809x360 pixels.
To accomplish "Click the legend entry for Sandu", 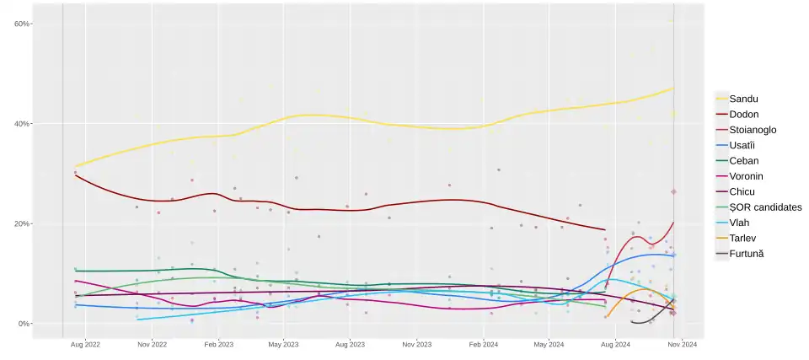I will click(x=743, y=99).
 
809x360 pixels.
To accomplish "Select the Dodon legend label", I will click(x=745, y=114).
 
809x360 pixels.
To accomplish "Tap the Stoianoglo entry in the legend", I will click(x=753, y=130).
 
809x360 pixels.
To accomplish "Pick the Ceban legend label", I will click(x=744, y=161).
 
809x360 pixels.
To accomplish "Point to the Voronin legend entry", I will click(x=747, y=176).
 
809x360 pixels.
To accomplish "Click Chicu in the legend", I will click(x=742, y=191).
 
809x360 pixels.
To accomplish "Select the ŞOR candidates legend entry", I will click(x=765, y=207).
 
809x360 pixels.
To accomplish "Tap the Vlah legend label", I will click(x=741, y=223).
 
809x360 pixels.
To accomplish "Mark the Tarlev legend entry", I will click(x=743, y=239).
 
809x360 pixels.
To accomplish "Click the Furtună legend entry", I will click(x=747, y=254).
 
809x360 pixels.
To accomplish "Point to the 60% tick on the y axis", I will click(x=22, y=24).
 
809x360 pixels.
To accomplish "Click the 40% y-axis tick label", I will click(x=22, y=124).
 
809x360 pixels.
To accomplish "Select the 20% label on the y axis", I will click(x=22, y=223).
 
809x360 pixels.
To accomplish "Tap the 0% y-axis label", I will click(x=24, y=324).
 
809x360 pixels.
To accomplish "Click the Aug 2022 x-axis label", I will click(x=85, y=345).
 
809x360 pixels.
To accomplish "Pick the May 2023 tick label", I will click(x=283, y=345).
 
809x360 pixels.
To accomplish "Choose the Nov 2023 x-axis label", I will click(x=417, y=345).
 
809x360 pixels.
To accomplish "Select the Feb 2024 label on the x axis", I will click(x=484, y=345).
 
